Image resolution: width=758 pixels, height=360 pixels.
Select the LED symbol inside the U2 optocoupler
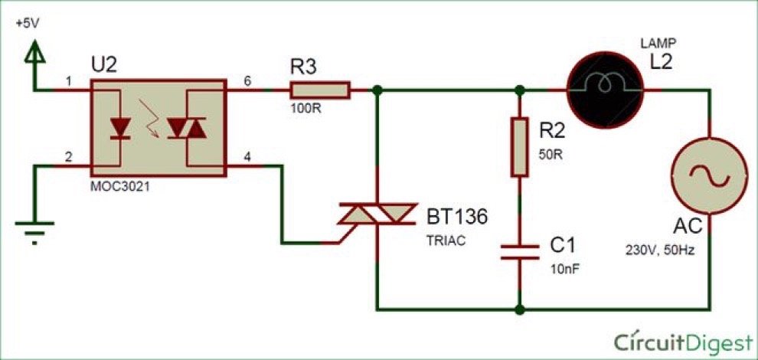tap(119, 128)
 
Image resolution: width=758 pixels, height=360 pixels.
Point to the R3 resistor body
tap(319, 91)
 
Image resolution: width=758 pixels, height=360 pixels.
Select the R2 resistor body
tap(520, 146)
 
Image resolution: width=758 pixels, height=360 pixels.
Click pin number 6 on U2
tap(247, 80)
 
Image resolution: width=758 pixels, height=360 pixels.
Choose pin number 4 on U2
tap(247, 157)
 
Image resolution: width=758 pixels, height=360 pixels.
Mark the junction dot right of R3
tap(377, 91)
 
